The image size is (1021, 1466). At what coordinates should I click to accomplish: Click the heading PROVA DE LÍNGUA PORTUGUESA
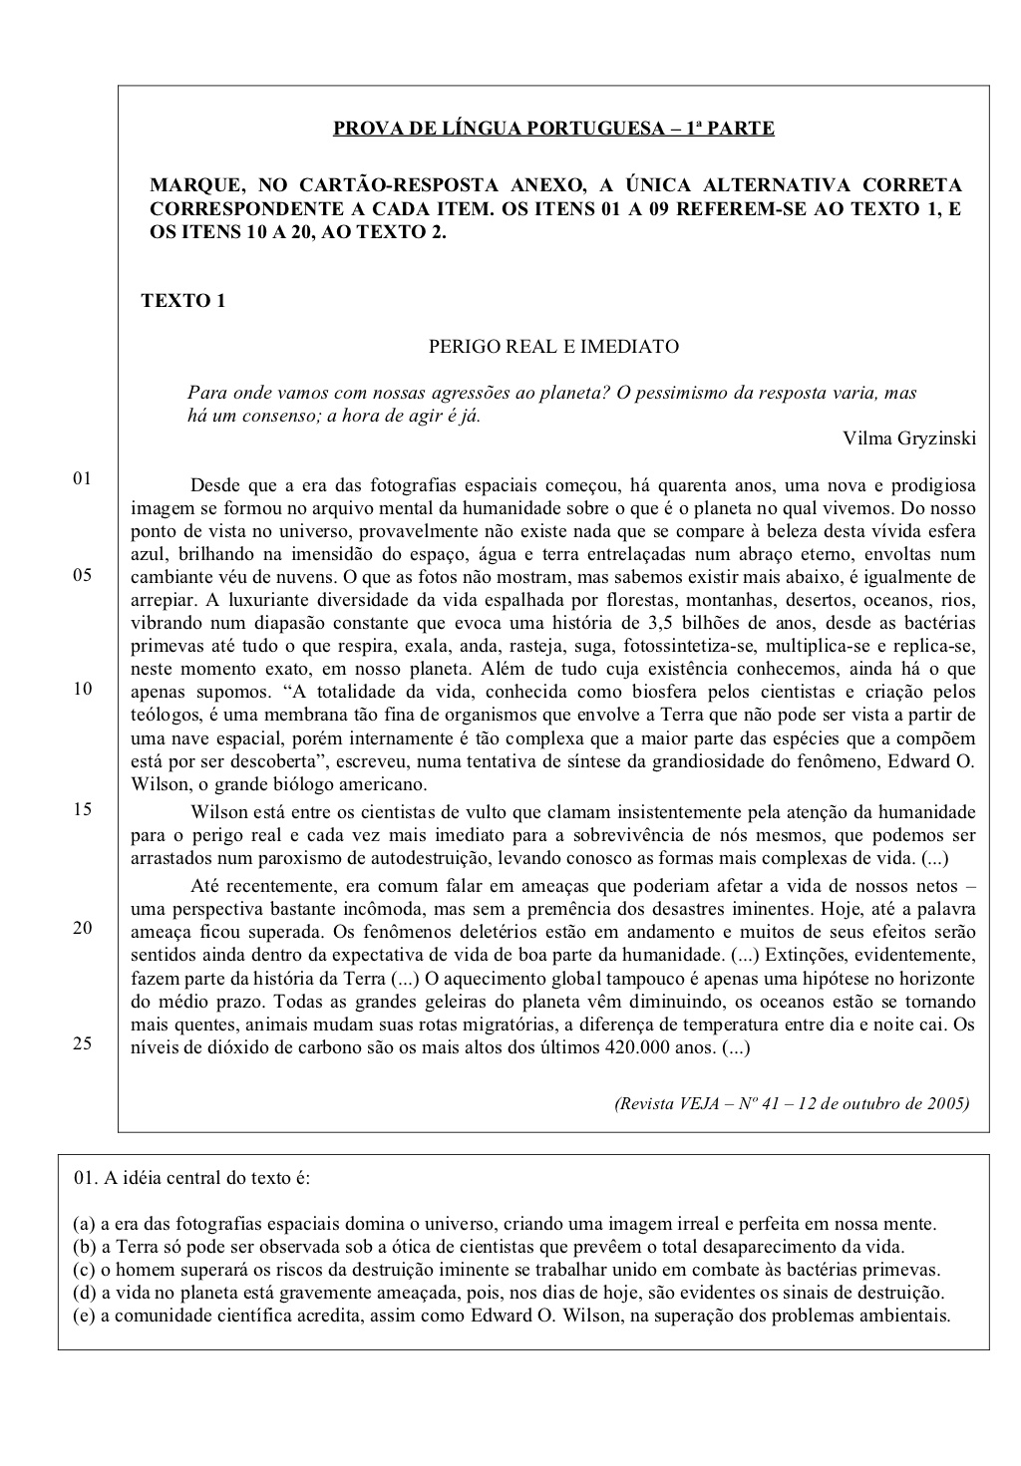(x=552, y=129)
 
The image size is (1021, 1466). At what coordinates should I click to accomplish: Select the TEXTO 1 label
(x=183, y=300)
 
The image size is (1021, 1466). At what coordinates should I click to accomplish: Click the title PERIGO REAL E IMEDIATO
(x=553, y=347)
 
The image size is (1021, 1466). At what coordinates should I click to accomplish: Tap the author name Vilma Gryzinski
(x=908, y=439)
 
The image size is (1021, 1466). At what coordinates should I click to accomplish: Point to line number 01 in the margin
(x=82, y=478)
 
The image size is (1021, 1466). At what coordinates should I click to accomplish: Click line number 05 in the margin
(x=82, y=576)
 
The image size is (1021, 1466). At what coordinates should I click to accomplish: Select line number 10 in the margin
(x=82, y=689)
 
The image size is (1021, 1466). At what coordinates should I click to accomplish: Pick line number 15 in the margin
(x=82, y=809)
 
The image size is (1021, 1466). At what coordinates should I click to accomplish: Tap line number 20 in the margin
(x=82, y=928)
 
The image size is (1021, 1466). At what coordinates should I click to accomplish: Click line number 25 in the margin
(x=82, y=1043)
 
